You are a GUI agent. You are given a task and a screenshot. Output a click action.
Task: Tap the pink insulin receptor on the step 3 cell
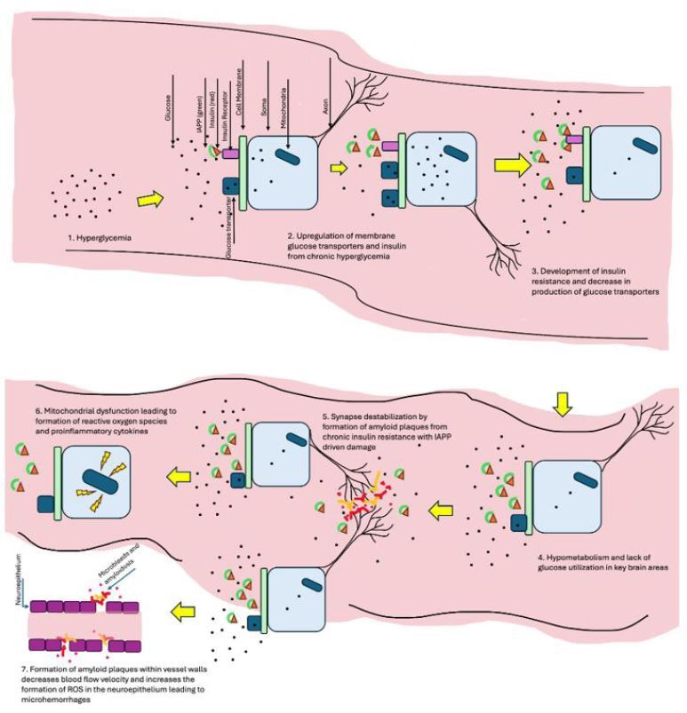[574, 140]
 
